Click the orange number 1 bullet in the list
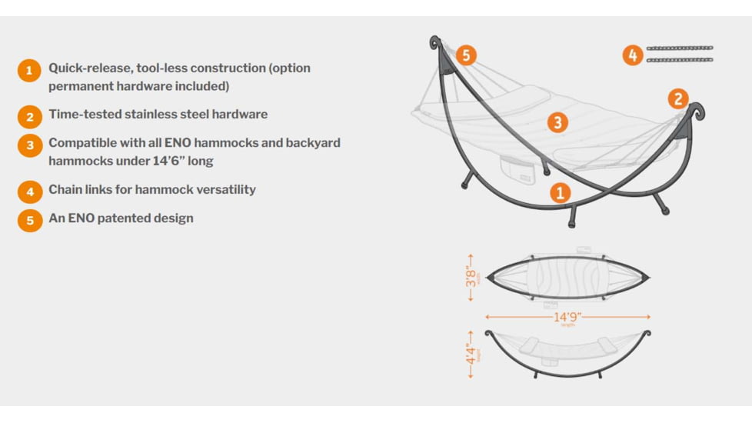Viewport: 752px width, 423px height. click(x=29, y=72)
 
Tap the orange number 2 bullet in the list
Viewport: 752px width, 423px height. click(x=29, y=116)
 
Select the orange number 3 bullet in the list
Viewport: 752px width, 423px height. click(x=29, y=145)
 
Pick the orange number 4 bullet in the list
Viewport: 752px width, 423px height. click(x=29, y=191)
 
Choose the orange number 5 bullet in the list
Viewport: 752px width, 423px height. click(x=29, y=220)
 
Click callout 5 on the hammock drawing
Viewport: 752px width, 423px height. click(x=465, y=55)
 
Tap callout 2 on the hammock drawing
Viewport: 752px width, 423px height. click(x=677, y=98)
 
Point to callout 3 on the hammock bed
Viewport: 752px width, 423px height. click(x=557, y=122)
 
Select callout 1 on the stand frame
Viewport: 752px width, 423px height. click(x=560, y=192)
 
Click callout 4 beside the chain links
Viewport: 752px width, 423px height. click(x=632, y=55)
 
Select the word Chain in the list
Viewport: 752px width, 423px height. click(x=66, y=189)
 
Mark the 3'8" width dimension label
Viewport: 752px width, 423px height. click(x=471, y=275)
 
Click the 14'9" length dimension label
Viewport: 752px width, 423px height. click(x=567, y=316)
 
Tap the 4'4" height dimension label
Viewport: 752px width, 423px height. click(x=471, y=354)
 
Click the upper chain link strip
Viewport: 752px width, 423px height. click(x=679, y=48)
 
